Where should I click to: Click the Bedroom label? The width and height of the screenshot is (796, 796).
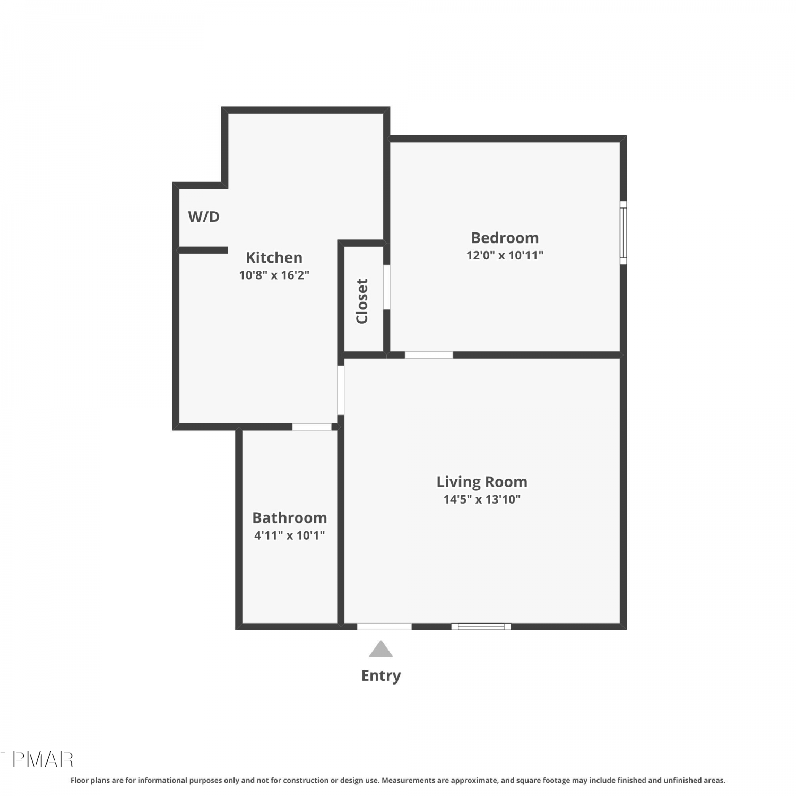pyautogui.click(x=505, y=238)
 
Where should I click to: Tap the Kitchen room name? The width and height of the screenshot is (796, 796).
pyautogui.click(x=274, y=257)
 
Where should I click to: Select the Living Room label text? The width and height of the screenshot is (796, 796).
pyautogui.click(x=482, y=482)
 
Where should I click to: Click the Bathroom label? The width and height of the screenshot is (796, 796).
pyautogui.click(x=289, y=517)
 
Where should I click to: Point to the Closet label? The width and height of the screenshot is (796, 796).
pyautogui.click(x=362, y=301)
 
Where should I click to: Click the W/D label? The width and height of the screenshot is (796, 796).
pyautogui.click(x=204, y=217)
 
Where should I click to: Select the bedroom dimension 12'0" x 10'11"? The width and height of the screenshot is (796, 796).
pyautogui.click(x=505, y=255)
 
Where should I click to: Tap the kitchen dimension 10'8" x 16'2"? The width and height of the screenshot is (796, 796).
pyautogui.click(x=274, y=275)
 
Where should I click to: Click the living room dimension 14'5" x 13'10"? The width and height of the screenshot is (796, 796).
pyautogui.click(x=482, y=499)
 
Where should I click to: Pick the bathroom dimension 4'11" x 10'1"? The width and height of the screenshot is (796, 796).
pyautogui.click(x=289, y=535)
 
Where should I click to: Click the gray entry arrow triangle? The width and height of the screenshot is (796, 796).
pyautogui.click(x=380, y=649)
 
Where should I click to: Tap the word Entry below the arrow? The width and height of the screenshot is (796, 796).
pyautogui.click(x=380, y=676)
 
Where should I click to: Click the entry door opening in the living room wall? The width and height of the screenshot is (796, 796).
pyautogui.click(x=384, y=627)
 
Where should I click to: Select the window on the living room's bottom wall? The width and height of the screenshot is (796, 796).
pyautogui.click(x=481, y=627)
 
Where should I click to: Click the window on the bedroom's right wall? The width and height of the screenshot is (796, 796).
pyautogui.click(x=624, y=232)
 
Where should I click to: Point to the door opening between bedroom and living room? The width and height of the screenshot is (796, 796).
pyautogui.click(x=429, y=355)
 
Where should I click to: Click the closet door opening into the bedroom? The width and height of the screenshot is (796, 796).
pyautogui.click(x=387, y=287)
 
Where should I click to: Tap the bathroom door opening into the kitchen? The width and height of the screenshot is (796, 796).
pyautogui.click(x=312, y=427)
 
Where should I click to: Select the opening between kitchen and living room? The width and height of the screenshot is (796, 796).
pyautogui.click(x=341, y=390)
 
